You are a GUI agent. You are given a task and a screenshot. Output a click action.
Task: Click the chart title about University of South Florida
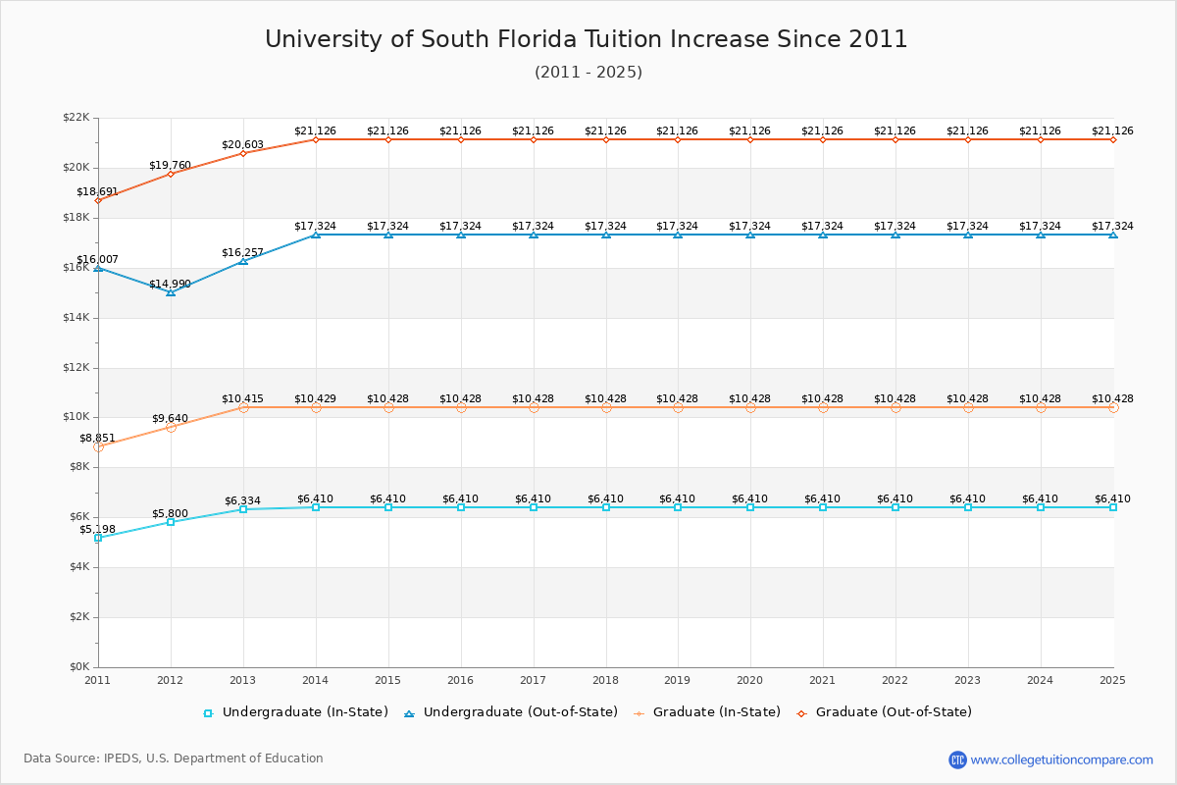[x=587, y=39]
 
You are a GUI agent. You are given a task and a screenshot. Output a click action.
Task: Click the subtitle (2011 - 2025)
[x=588, y=73]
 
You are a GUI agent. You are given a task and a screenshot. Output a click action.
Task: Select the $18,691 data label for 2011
[x=97, y=192]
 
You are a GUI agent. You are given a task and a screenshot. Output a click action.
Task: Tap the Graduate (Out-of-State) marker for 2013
[x=243, y=153]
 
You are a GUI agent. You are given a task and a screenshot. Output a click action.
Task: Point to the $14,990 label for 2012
[x=170, y=285]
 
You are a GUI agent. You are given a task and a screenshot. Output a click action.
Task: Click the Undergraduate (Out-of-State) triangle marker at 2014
[x=316, y=235]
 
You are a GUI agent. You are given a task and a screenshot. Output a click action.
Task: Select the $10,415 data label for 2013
[x=242, y=398]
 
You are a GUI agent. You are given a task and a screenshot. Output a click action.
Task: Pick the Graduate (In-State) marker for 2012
[x=171, y=427]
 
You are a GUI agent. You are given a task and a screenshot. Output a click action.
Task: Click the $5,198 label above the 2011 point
[x=97, y=530]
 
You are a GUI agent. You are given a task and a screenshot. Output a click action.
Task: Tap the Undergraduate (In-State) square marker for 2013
[x=243, y=509]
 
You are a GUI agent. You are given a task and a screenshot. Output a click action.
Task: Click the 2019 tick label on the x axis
[x=678, y=680]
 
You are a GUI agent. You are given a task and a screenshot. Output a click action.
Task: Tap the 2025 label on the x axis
[x=1112, y=680]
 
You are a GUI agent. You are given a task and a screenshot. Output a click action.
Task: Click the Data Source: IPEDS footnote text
[x=174, y=759]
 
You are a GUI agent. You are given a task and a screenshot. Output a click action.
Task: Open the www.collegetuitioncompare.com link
[x=1061, y=759]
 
